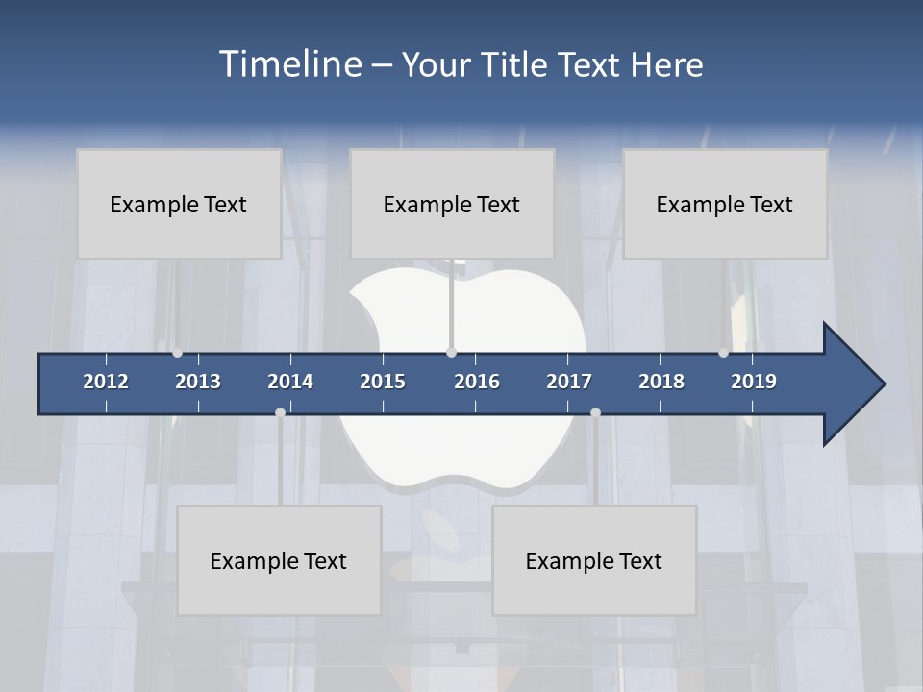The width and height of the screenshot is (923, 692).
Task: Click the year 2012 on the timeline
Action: pyautogui.click(x=106, y=382)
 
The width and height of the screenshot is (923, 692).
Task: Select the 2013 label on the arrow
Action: pyautogui.click(x=198, y=382)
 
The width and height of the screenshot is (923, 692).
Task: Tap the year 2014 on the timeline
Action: pyautogui.click(x=290, y=382)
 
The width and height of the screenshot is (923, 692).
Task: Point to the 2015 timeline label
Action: pyautogui.click(x=383, y=382)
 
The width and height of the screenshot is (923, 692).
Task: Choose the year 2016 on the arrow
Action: pyautogui.click(x=477, y=382)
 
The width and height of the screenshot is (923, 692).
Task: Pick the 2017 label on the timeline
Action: pyautogui.click(x=569, y=382)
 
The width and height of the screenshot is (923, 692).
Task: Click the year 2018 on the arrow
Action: pyautogui.click(x=661, y=382)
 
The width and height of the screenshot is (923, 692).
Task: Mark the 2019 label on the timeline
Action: pyautogui.click(x=754, y=382)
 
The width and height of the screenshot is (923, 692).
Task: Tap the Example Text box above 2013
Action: pyautogui.click(x=179, y=204)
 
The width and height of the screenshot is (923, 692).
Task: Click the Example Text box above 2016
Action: pyautogui.click(x=452, y=204)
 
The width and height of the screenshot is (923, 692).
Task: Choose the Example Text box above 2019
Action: pyautogui.click(x=725, y=204)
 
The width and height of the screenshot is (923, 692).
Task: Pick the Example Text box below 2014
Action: pyautogui.click(x=279, y=560)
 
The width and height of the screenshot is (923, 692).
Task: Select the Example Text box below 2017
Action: pyautogui.click(x=594, y=560)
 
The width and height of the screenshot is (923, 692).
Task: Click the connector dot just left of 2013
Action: pyautogui.click(x=178, y=353)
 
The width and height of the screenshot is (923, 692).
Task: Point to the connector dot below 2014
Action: pyautogui.click(x=280, y=412)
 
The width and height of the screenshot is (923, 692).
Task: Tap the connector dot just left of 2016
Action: pyautogui.click(x=451, y=353)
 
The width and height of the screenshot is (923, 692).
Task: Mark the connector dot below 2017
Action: pyautogui.click(x=595, y=412)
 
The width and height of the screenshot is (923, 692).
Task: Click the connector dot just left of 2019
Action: pyautogui.click(x=723, y=353)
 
